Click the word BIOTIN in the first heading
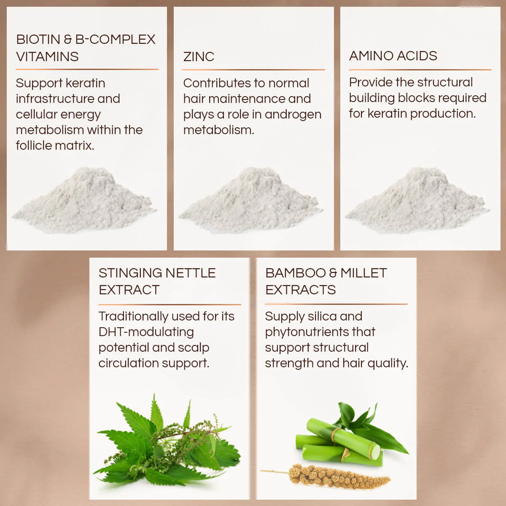[38, 40]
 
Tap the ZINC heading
[199, 57]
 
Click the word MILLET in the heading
[363, 273]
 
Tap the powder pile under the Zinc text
[251, 200]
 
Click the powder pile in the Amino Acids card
[417, 200]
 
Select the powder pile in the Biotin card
[84, 200]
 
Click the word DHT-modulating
[146, 332]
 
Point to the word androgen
[293, 115]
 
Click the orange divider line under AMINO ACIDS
[420, 70]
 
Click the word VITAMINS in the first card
[48, 57]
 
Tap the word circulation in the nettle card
[129, 363]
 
